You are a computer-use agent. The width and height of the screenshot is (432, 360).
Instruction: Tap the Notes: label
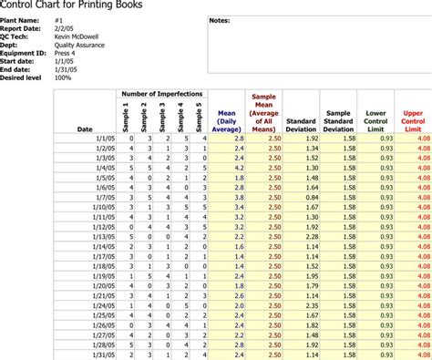220,19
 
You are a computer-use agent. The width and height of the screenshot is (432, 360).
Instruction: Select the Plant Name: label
21,18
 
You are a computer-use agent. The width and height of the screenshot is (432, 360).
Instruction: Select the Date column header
84,129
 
